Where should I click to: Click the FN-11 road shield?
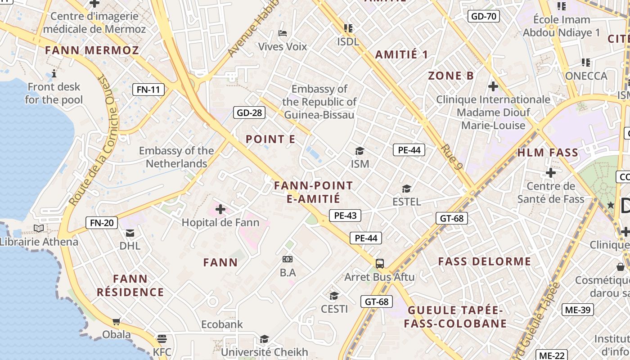[x=148, y=90]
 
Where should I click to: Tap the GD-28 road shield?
[x=249, y=112]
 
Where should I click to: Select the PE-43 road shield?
[x=345, y=216]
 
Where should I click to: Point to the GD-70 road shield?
[x=484, y=17]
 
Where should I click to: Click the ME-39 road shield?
[x=578, y=310]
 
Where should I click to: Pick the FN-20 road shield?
[x=102, y=222]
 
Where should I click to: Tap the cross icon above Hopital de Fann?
[x=220, y=209]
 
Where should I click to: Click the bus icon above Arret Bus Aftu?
[x=380, y=263]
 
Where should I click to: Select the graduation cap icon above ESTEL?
[x=407, y=189]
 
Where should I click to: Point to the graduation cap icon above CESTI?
[x=334, y=296]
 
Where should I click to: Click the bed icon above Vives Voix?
[x=283, y=33]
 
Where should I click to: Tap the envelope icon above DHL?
[x=130, y=233]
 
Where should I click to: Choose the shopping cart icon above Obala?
[x=117, y=321]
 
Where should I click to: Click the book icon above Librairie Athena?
[x=39, y=229]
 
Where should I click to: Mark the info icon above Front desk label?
[x=54, y=73]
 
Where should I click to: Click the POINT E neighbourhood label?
[x=270, y=139]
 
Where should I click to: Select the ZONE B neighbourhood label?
[x=451, y=76]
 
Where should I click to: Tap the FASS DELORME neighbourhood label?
[x=485, y=261]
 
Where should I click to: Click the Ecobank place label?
[x=222, y=324]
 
